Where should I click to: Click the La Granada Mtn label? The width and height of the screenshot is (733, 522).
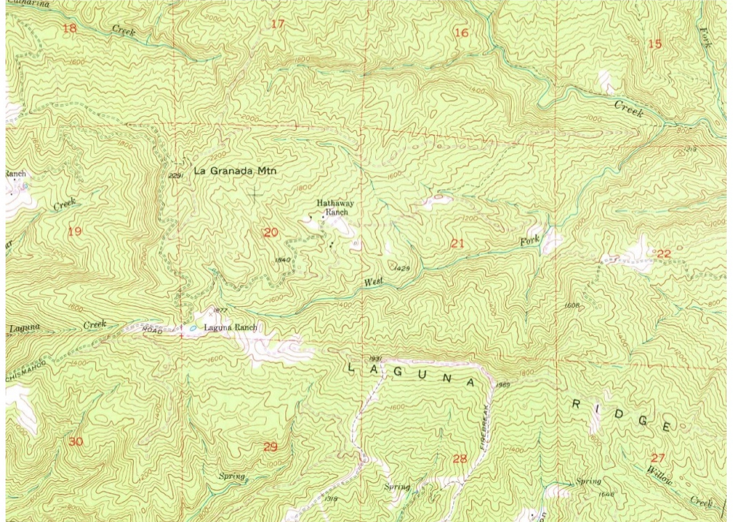[235, 170]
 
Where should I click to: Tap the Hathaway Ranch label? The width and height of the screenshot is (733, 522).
[332, 207]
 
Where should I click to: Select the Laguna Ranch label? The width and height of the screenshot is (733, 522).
[230, 327]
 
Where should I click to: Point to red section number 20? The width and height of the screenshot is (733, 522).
[271, 232]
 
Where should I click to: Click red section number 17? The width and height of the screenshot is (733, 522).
[278, 24]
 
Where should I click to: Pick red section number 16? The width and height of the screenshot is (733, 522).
[461, 33]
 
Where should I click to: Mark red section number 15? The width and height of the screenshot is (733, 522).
[654, 45]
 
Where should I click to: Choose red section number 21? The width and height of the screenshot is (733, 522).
[457, 243]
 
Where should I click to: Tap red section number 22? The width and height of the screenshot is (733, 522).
[663, 253]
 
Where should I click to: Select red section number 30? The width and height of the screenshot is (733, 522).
[76, 441]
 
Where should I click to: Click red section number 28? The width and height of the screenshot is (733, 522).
[459, 458]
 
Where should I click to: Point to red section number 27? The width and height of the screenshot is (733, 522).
[658, 457]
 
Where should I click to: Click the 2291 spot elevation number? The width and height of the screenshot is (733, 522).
[175, 176]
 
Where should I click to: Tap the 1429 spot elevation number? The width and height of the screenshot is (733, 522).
[402, 268]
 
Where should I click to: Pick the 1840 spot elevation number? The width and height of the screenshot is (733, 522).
[282, 260]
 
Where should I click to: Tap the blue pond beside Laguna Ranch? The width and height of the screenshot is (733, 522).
[191, 328]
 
